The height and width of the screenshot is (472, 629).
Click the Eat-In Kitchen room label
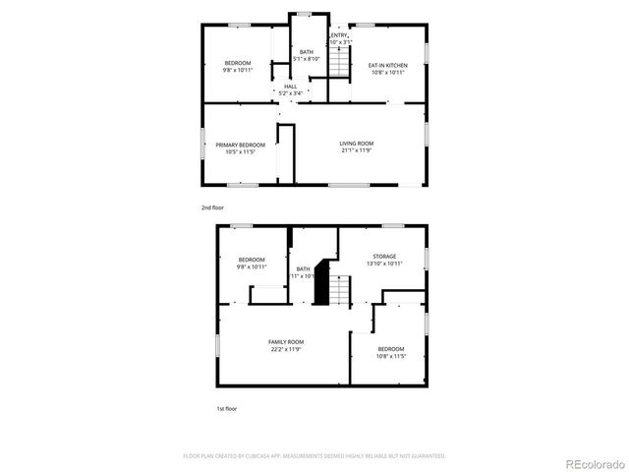387,66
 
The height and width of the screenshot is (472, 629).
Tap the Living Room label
357,144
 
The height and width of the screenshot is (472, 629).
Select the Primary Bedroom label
241,145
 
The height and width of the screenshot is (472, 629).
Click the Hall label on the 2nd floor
290,87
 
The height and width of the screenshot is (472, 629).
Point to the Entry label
339,36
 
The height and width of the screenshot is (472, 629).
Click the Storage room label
383,256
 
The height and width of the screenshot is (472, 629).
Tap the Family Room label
286,341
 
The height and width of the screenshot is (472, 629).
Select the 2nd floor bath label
308,52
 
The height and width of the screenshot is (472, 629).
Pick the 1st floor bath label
303,268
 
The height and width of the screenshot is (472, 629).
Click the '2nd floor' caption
212,207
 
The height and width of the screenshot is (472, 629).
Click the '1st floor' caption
226,408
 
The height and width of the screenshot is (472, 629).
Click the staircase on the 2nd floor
339,63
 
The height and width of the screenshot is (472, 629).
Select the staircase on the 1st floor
339,290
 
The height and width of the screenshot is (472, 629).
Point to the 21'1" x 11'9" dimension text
357,151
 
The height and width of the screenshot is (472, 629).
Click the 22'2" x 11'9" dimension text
286,349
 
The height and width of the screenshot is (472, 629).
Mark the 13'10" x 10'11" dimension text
383,264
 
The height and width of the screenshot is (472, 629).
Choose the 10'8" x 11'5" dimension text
390,357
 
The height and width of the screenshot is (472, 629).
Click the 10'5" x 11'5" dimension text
241,152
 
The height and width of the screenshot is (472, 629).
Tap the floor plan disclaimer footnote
314,456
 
